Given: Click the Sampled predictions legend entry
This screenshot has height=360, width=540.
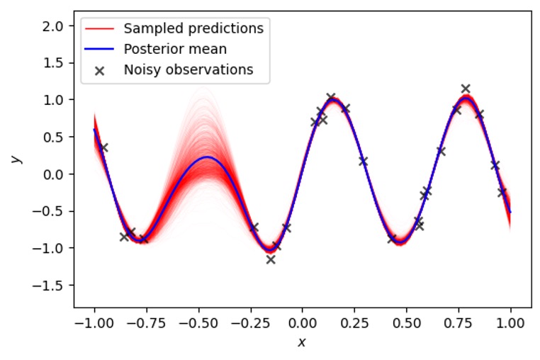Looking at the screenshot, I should point(193,29).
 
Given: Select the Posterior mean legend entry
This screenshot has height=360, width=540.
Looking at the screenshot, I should point(175,50).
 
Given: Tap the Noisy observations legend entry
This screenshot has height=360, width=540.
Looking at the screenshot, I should point(188,69).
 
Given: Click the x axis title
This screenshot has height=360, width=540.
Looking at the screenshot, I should point(302,343).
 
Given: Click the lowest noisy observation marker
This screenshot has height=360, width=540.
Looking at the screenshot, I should point(271,259).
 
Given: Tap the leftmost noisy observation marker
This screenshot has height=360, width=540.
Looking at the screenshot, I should point(103,147).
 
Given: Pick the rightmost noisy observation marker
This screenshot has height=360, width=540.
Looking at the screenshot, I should point(502,192).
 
